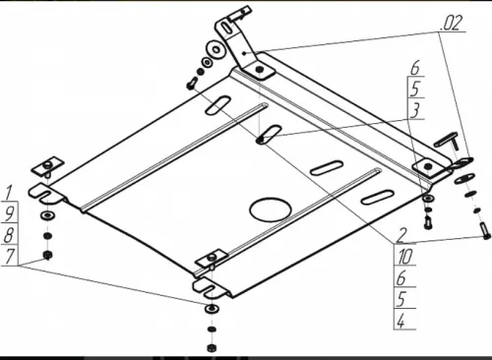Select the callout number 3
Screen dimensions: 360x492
pyautogui.click(x=416, y=108)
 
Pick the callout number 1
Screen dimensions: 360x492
pyautogui.click(x=9, y=190)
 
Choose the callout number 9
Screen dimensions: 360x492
pyautogui.click(x=9, y=211)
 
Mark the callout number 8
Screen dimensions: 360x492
pyautogui.click(x=9, y=234)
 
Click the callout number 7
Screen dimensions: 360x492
pyautogui.click(x=9, y=256)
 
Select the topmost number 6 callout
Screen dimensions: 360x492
pyautogui.click(x=416, y=67)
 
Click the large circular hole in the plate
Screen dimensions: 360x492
pyautogui.click(x=269, y=208)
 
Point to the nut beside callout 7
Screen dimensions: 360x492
pyautogui.click(x=47, y=255)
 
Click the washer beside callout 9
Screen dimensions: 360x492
pyautogui.click(x=47, y=214)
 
